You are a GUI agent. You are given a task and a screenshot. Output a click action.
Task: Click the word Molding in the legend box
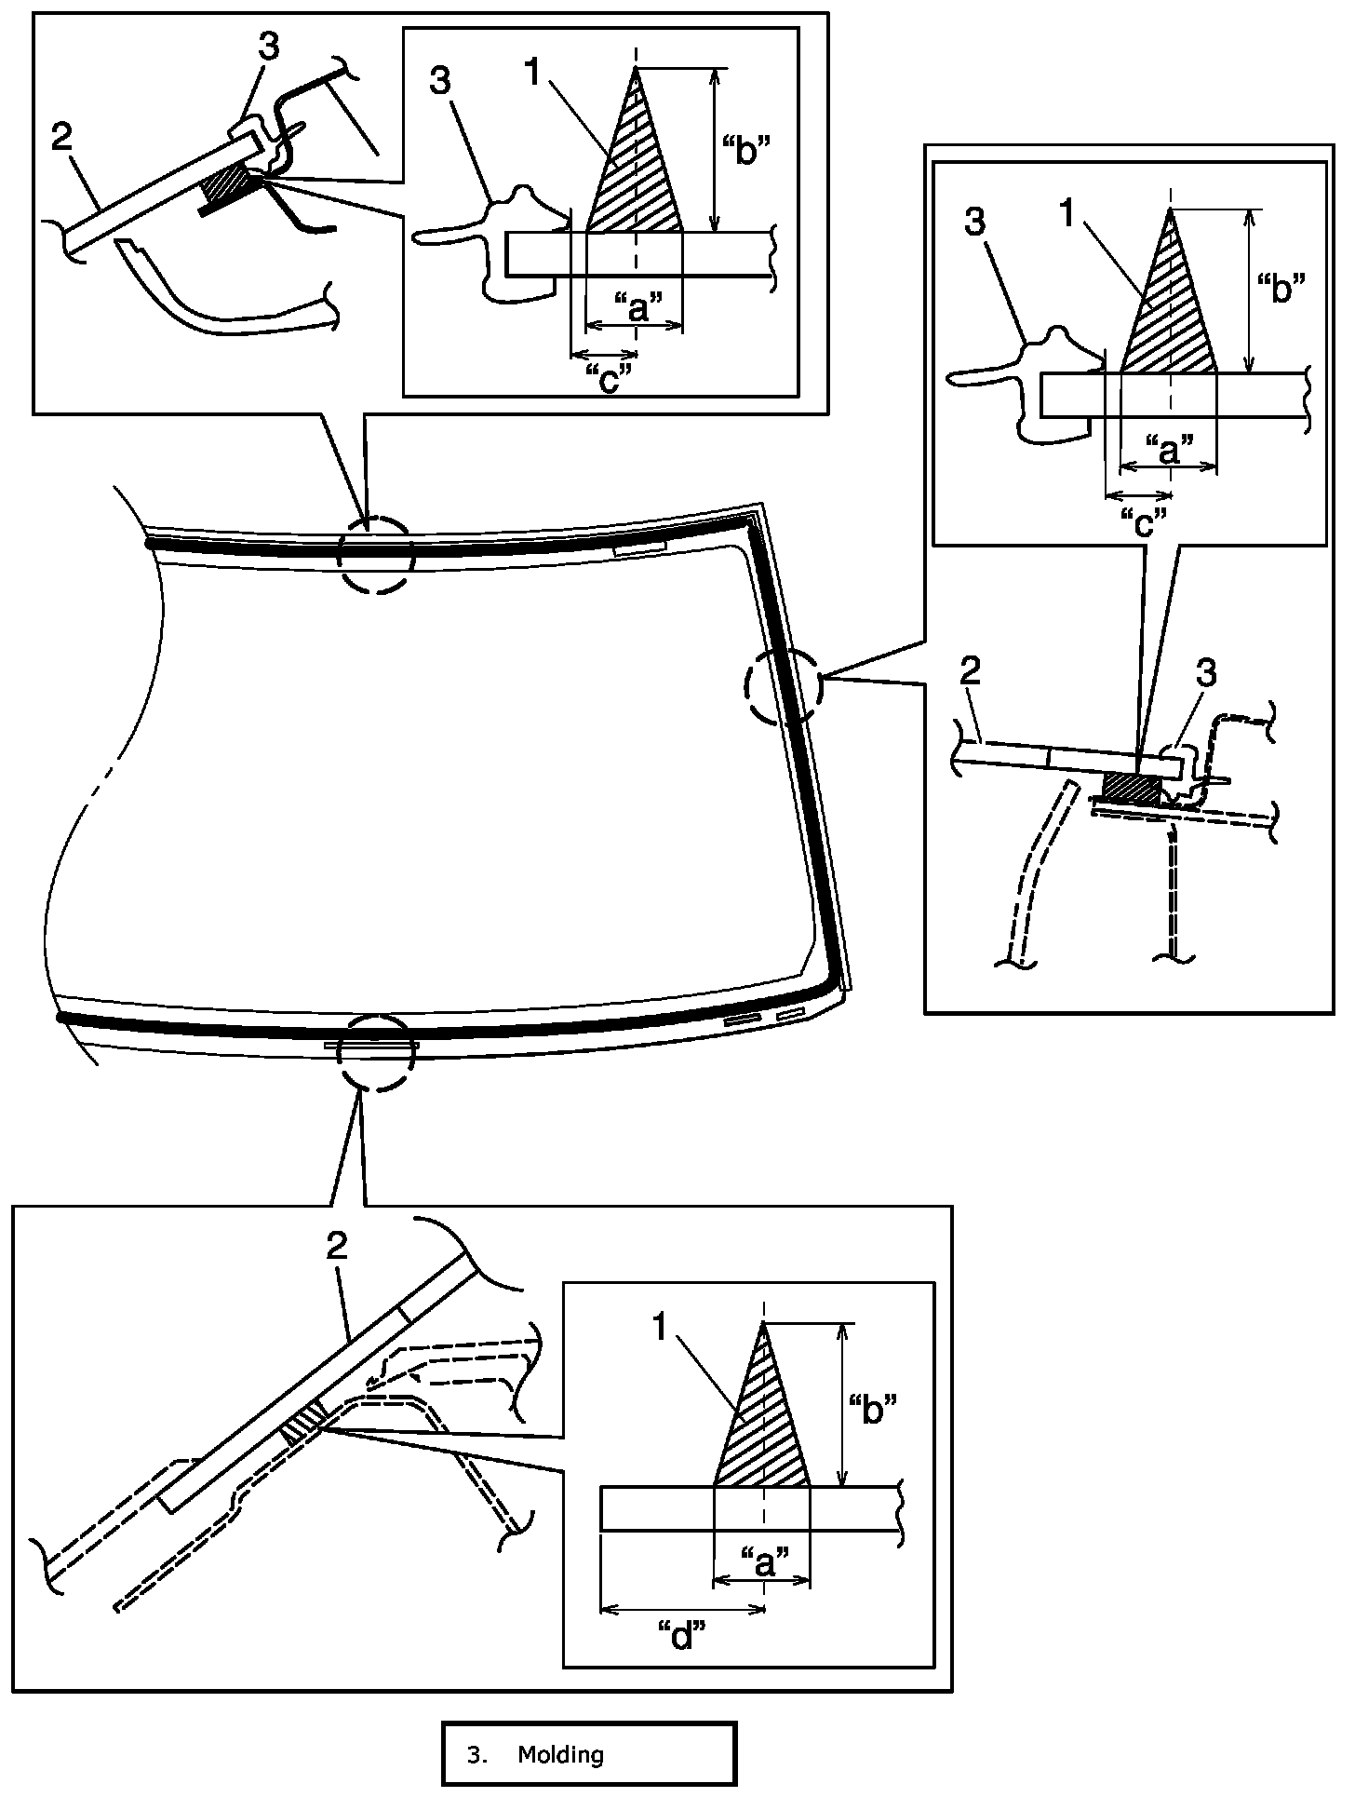(560, 1755)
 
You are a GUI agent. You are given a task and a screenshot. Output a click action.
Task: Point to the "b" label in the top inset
(746, 148)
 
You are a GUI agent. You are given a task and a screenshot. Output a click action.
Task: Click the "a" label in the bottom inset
(764, 1559)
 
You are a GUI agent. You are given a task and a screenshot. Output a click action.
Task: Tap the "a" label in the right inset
(1170, 449)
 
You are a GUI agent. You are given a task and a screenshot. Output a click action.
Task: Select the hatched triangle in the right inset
(1171, 317)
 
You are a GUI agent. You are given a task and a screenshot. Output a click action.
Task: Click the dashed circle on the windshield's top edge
(374, 555)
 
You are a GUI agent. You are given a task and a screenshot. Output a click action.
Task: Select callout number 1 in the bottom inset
(662, 1329)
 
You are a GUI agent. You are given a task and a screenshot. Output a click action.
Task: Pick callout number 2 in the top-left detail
(61, 139)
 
